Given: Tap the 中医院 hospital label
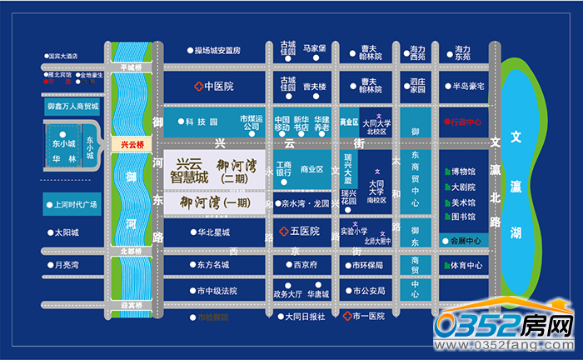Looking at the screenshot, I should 212,86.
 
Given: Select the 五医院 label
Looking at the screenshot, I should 300,231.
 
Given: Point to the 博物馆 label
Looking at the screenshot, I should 463,172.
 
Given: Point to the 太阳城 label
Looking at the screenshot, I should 66,232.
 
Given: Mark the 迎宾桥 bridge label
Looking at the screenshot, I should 132,306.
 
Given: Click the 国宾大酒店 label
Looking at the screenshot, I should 62,57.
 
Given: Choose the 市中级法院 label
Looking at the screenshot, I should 217,291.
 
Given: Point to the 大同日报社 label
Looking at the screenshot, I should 305,316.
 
